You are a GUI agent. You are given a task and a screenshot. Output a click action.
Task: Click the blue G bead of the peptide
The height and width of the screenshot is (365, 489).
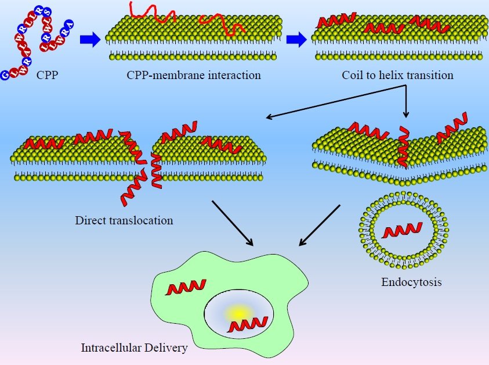pyautogui.click(x=5, y=75)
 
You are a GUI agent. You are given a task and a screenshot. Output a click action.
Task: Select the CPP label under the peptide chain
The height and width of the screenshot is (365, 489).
pyautogui.click(x=47, y=76)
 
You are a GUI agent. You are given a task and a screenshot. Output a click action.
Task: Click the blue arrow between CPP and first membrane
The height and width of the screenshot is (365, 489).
pyautogui.click(x=90, y=40)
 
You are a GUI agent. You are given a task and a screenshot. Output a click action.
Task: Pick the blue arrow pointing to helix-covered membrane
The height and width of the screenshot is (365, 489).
pyautogui.click(x=296, y=40)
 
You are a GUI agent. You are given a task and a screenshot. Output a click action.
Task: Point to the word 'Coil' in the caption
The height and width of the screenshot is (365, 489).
pyautogui.click(x=351, y=76)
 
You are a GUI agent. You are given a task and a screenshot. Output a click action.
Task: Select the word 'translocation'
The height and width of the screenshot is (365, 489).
pyautogui.click(x=139, y=220)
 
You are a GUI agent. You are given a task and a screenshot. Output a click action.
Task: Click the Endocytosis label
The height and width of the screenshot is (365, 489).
pyautogui.click(x=411, y=282)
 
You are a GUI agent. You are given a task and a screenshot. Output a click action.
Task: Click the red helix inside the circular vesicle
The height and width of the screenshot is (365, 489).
pyautogui.click(x=403, y=230)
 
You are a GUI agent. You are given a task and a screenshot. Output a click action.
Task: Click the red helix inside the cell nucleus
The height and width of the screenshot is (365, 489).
pyautogui.click(x=248, y=325)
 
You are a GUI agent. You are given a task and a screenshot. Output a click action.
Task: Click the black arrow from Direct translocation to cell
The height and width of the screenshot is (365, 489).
pyautogui.click(x=233, y=223)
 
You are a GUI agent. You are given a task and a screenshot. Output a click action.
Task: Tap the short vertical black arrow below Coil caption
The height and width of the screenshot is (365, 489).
pyautogui.click(x=405, y=102)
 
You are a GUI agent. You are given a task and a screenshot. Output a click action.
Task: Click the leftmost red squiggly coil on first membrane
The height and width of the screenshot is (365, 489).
pyautogui.click(x=152, y=12)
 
